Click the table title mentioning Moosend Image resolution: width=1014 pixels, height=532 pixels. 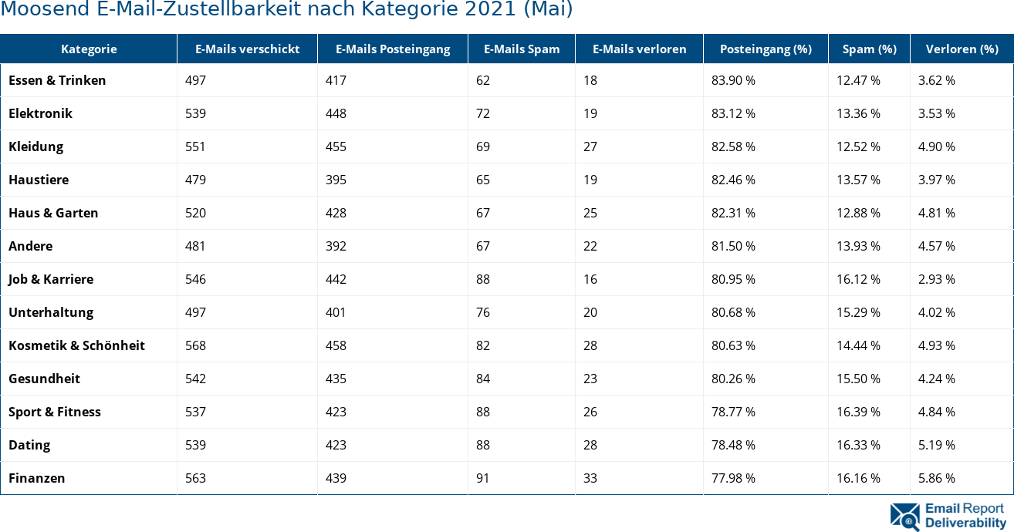tap(286, 10)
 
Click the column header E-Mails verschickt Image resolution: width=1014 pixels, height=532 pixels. tap(247, 49)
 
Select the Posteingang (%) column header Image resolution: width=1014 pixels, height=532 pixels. tap(766, 49)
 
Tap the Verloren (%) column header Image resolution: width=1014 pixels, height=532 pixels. tap(961, 49)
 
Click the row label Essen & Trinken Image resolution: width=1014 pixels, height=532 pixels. tap(57, 80)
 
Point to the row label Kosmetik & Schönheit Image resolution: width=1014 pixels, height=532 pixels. tap(76, 345)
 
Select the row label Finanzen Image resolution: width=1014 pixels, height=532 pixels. tap(36, 478)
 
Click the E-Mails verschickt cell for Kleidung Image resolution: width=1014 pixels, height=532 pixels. tap(195, 146)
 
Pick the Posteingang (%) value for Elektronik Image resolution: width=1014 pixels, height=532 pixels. tap(733, 113)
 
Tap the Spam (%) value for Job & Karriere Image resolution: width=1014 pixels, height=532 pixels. tap(858, 279)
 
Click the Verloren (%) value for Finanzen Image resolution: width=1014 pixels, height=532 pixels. tap(936, 478)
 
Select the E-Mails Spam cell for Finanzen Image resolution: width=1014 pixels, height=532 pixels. tap(482, 478)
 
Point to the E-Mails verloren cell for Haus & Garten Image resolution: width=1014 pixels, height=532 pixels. tap(590, 213)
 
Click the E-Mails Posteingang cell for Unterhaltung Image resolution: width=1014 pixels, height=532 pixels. tap(336, 312)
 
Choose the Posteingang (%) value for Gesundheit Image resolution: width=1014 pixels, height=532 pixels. tap(733, 379)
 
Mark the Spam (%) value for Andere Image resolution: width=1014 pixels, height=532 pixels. tap(858, 246)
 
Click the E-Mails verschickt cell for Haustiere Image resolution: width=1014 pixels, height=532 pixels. tap(195, 180)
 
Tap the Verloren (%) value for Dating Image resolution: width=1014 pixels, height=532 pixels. tap(936, 445)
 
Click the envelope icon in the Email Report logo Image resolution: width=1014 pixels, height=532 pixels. tap(904, 517)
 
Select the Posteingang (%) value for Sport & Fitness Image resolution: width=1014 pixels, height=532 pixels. tap(733, 412)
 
